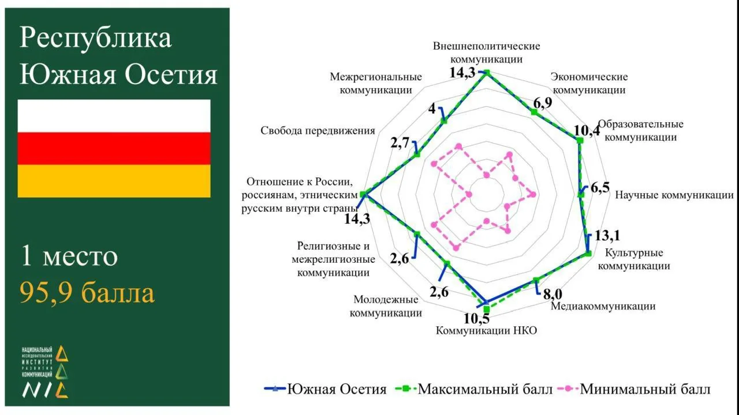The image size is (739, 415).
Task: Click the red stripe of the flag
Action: pyautogui.click(x=114, y=149)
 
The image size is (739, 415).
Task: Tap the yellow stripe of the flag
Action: pyautogui.click(x=114, y=181)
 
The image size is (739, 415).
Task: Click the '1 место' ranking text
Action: pyautogui.click(x=69, y=256)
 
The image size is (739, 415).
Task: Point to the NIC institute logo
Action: pyautogui.click(x=45, y=372)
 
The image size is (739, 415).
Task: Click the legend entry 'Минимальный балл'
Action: pyautogui.click(x=634, y=389)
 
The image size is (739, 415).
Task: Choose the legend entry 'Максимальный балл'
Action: pyautogui.click(x=474, y=389)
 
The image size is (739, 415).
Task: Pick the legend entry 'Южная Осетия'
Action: pyautogui.click(x=325, y=389)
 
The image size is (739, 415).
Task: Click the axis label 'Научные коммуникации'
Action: pyautogui.click(x=674, y=195)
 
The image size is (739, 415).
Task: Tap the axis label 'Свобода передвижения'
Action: pyautogui.click(x=318, y=131)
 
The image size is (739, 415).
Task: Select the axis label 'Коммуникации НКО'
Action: pyautogui.click(x=486, y=330)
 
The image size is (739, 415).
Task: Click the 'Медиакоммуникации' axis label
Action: pyautogui.click(x=603, y=306)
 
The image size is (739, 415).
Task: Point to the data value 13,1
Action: pyautogui.click(x=607, y=236)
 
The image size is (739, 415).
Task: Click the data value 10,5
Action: pyautogui.click(x=477, y=319)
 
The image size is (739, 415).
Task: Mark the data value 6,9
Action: pyautogui.click(x=543, y=103)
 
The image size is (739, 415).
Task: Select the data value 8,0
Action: pyautogui.click(x=553, y=294)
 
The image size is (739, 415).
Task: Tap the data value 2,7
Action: pyautogui.click(x=400, y=144)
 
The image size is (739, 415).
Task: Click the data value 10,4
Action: pyautogui.click(x=587, y=131)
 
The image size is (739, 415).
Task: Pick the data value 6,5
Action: pyautogui.click(x=600, y=188)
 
